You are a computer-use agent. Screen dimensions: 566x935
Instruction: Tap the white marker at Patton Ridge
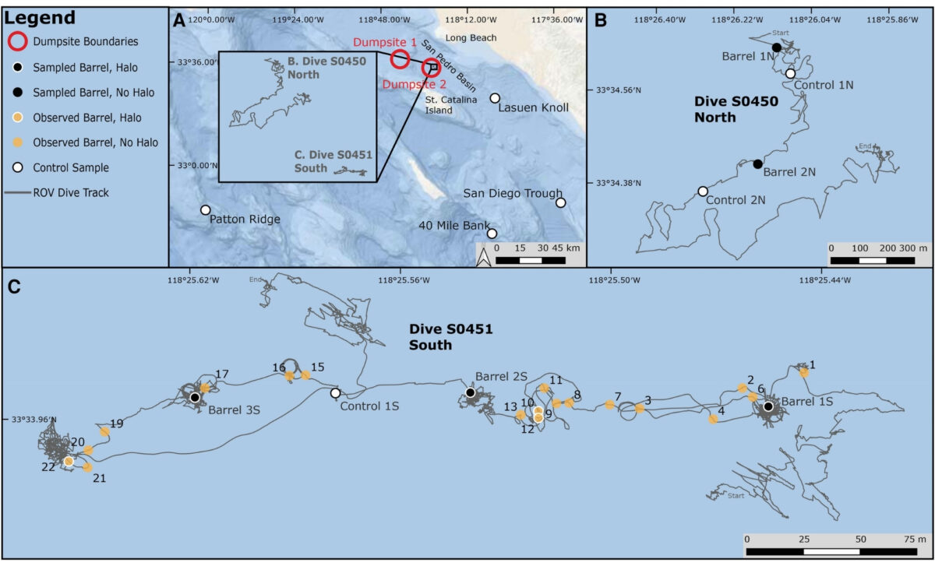click(x=205, y=209)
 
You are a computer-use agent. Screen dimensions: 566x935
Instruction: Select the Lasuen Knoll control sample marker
click(x=495, y=98)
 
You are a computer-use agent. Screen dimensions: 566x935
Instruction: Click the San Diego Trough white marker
click(x=560, y=202)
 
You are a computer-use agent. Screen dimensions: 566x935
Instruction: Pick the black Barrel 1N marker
click(x=776, y=48)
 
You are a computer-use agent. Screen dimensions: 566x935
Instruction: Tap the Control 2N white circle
click(x=703, y=191)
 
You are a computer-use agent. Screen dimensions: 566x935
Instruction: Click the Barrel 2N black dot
click(x=757, y=163)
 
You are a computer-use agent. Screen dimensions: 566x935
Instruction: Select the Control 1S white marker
click(x=335, y=393)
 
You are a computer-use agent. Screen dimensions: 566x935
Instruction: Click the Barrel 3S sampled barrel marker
click(x=194, y=397)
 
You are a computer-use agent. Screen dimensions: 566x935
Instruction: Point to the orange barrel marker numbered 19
click(x=104, y=431)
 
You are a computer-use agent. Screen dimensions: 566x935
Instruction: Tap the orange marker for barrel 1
click(x=803, y=371)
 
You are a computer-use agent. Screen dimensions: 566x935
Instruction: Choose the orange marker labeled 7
click(x=609, y=404)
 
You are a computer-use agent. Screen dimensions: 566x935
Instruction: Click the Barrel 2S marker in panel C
click(x=471, y=392)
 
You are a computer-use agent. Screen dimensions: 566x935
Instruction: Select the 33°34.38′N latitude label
click(x=618, y=183)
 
